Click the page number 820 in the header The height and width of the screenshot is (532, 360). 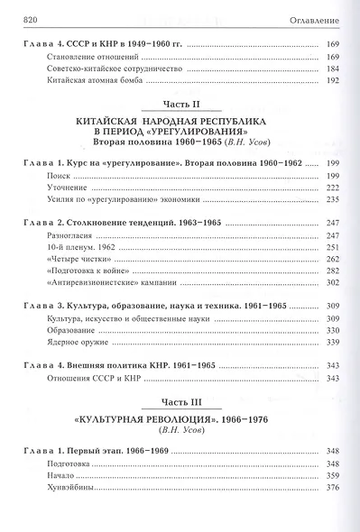click(x=28, y=19)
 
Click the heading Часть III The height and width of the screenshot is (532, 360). click(x=180, y=401)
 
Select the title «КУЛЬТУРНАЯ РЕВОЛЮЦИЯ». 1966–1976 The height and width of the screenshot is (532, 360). click(x=180, y=420)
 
